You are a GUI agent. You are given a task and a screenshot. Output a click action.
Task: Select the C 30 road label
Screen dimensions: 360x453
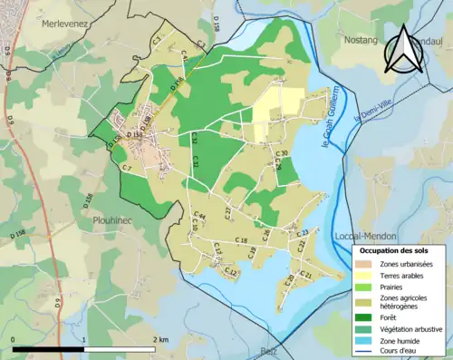tap(282, 153)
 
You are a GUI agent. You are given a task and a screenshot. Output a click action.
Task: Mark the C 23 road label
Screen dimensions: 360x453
tap(304, 233)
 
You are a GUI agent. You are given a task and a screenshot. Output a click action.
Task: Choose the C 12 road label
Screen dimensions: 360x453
tap(230, 272)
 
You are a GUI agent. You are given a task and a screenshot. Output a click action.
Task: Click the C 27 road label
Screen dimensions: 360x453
tap(228, 212)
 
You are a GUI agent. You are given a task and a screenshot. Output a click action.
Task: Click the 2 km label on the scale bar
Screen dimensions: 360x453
tap(159, 339)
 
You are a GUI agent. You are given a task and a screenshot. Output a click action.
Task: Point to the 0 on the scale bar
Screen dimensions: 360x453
tap(14, 339)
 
